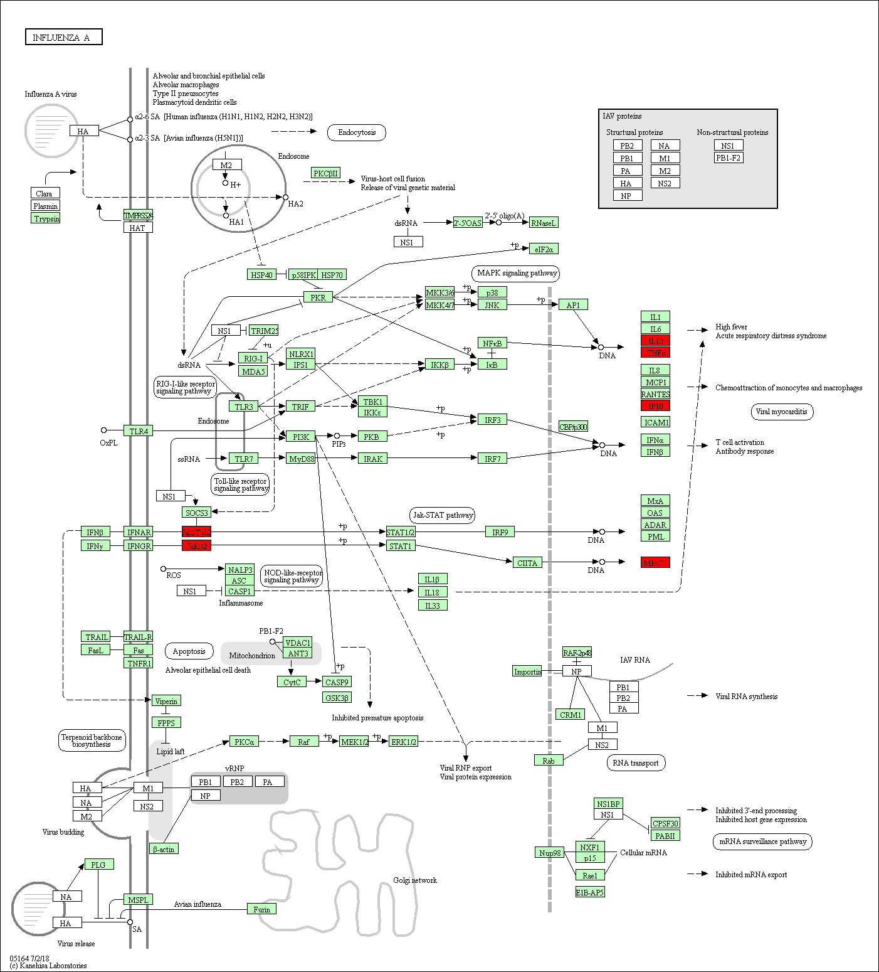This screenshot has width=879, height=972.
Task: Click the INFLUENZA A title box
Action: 63,37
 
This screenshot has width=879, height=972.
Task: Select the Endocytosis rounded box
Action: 357,132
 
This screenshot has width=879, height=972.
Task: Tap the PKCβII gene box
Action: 326,173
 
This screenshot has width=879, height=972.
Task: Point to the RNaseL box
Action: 543,223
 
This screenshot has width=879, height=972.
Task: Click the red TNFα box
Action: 655,353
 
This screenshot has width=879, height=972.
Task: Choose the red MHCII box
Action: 655,563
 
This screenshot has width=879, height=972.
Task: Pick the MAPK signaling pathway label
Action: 516,273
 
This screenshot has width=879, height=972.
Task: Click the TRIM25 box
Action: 264,330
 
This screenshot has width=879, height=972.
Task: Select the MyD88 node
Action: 301,459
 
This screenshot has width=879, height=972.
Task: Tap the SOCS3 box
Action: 196,513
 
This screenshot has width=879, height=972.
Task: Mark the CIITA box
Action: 527,563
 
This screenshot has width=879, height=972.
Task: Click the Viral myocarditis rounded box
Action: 781,412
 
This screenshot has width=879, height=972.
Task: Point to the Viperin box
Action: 166,701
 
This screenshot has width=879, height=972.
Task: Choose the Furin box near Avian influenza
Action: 261,909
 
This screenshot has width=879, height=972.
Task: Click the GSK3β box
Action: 337,698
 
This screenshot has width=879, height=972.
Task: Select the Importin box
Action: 527,671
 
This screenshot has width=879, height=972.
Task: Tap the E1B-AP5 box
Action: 590,892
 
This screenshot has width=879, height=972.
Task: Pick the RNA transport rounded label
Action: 635,763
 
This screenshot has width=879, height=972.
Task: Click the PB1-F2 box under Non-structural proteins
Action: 729,158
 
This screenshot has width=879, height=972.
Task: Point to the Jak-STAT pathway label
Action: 443,515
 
